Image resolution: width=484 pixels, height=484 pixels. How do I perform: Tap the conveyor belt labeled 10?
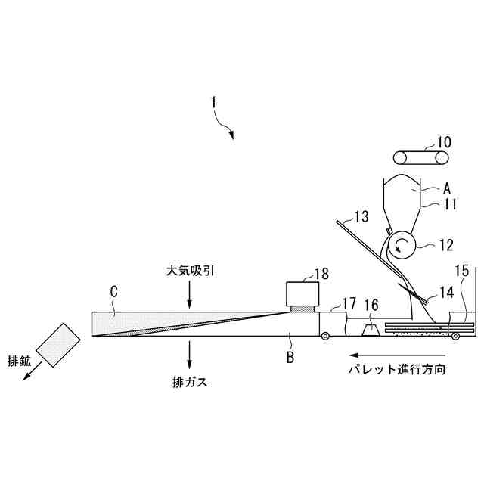(x=420, y=158)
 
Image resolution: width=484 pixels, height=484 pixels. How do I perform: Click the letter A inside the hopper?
(x=446, y=187)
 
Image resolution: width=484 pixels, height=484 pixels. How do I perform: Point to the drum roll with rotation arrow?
(x=402, y=244)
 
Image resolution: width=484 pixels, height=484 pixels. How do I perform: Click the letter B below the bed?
(x=290, y=358)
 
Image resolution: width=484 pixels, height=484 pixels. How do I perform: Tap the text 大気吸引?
(x=189, y=269)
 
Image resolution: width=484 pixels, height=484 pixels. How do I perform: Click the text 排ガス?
(x=189, y=382)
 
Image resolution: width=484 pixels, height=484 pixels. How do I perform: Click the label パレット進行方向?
(x=398, y=370)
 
